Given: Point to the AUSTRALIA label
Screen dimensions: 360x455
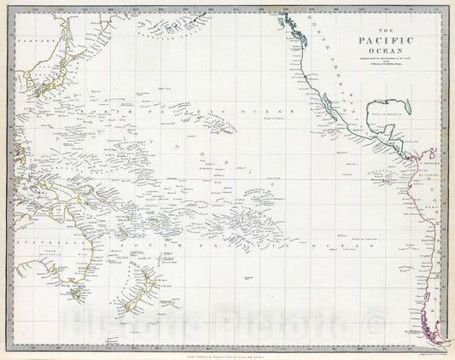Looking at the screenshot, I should (38, 241).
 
